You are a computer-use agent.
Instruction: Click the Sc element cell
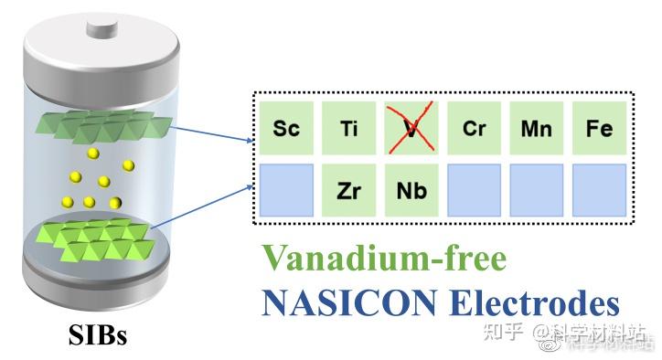coord(286,128)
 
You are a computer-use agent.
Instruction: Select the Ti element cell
coord(348,128)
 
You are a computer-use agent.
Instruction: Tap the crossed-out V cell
coord(411,128)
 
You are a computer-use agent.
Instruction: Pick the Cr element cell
coord(474,128)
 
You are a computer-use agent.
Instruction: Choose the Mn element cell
coord(537,128)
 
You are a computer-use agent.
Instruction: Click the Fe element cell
coord(599,128)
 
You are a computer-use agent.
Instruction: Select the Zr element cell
coord(348,190)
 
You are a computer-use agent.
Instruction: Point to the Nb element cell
coord(411,190)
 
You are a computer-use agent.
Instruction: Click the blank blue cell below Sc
coord(286,190)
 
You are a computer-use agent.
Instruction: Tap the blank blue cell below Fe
coord(599,190)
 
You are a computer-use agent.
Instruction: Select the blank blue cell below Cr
coord(474,190)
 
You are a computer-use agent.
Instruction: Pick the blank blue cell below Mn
coord(537,190)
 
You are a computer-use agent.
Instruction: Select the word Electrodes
coord(532,302)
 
